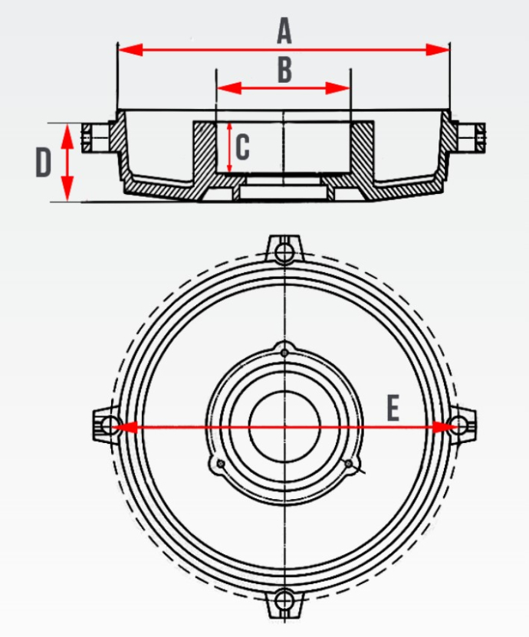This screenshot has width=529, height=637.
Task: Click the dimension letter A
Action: pos(284,32)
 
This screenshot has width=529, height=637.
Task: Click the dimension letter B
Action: pos(284,70)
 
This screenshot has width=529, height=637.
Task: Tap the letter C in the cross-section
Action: pos(242,147)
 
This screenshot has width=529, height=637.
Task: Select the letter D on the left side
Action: pos(44,163)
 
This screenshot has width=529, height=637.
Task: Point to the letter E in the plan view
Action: pos(393,408)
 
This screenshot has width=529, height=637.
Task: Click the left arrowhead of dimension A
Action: pos(130,50)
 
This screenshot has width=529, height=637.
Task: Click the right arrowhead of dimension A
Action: pos(438,50)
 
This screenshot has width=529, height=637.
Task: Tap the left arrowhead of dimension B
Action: pos(229,87)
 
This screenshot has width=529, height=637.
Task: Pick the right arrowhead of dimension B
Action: pos(337,87)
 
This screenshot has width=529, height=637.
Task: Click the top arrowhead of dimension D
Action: pos(67,136)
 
